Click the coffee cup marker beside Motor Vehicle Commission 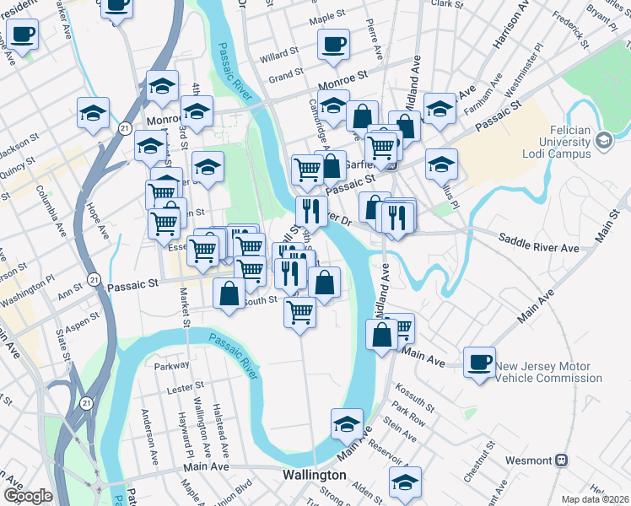(479, 363)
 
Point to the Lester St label (180, 390)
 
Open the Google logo (27, 496)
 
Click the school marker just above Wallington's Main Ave (346, 425)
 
